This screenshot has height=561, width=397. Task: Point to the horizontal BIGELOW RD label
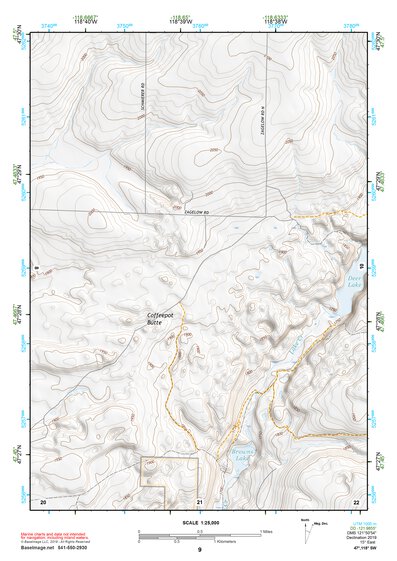[x=200, y=212]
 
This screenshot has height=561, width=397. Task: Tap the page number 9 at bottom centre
[x=199, y=550]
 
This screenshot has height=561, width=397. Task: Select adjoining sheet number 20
[x=43, y=499]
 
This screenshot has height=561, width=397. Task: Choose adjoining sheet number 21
[x=200, y=499]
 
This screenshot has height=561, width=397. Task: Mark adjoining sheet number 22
[x=356, y=499]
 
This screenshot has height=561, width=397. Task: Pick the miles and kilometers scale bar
[x=198, y=535]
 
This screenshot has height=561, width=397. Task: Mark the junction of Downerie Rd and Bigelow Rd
[x=146, y=212]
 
